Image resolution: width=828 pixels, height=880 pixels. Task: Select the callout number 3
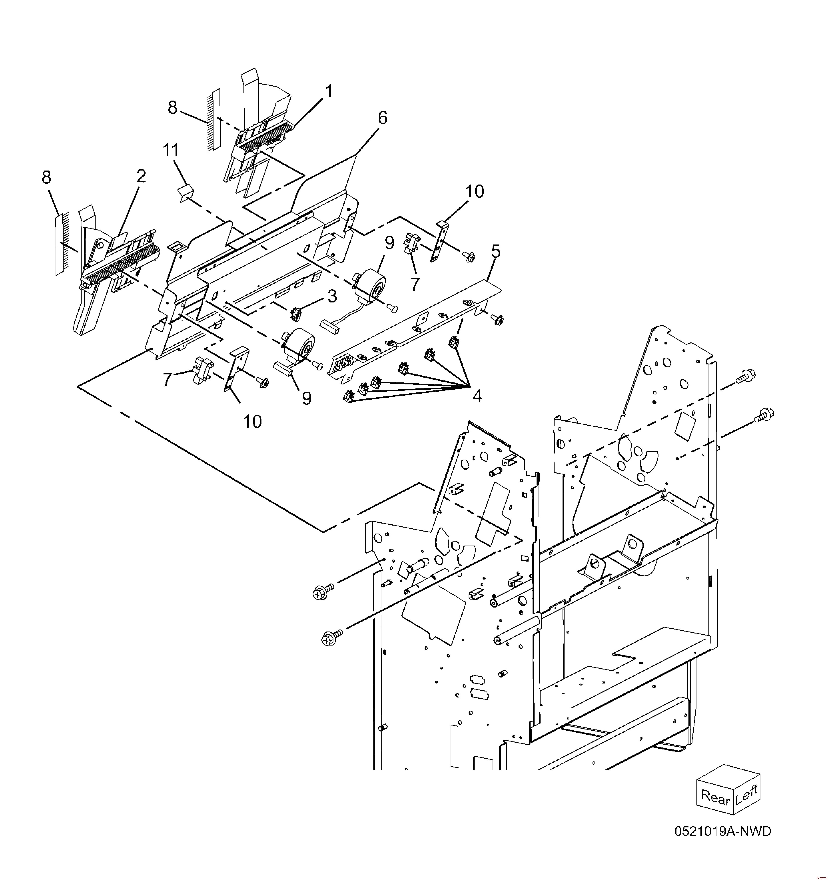click(332, 296)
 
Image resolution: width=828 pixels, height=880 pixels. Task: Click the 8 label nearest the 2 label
click(46, 178)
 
